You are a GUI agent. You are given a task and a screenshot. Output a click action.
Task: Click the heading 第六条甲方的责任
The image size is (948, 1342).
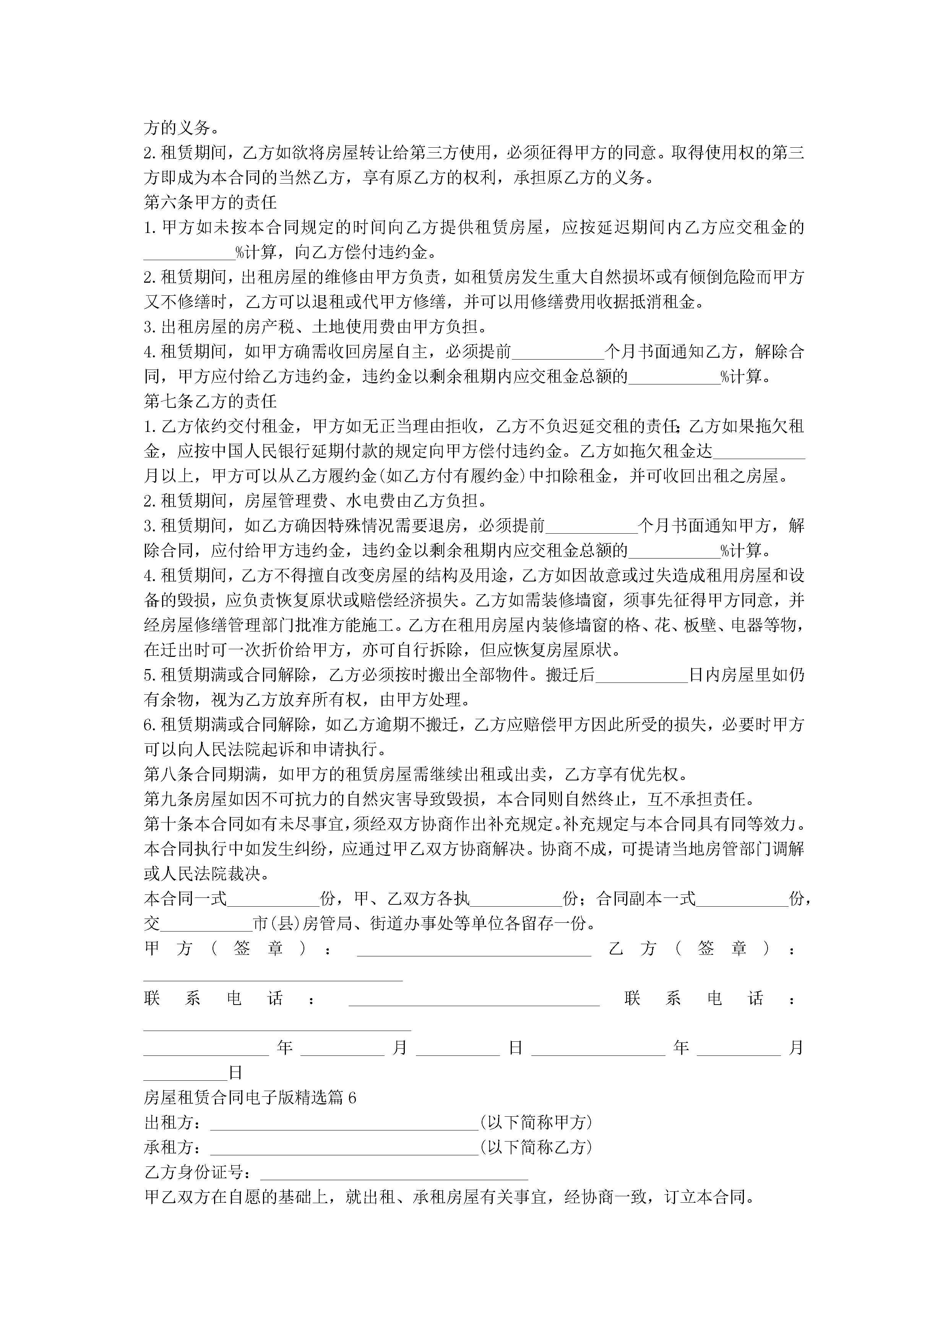coord(210,202)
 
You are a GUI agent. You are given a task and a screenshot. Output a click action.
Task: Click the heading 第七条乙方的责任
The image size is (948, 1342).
coord(210,401)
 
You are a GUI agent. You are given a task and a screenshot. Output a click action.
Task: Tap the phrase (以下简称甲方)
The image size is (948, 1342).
coord(536,1122)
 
